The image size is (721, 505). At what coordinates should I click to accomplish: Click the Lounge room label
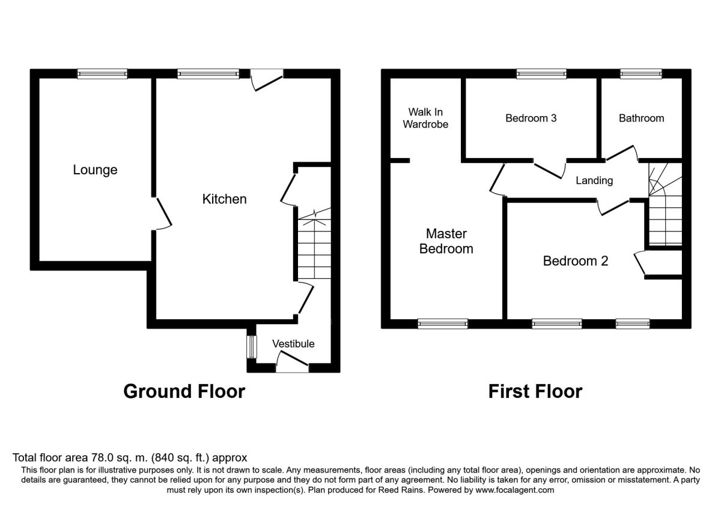(95, 170)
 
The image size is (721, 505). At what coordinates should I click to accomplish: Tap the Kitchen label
(224, 199)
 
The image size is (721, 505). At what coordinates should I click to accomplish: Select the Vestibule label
(293, 344)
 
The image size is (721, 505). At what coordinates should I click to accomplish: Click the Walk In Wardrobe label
(426, 118)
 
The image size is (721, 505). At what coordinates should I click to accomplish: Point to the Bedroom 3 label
(531, 118)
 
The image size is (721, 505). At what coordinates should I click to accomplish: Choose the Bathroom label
(641, 118)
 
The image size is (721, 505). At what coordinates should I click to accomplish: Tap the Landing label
(594, 180)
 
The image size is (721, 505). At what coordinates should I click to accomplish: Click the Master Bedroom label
(446, 241)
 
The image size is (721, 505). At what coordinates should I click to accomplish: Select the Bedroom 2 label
(576, 261)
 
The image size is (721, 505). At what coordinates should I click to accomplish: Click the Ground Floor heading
(184, 391)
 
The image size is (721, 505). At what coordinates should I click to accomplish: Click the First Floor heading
(535, 391)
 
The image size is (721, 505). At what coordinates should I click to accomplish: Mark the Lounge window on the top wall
(102, 73)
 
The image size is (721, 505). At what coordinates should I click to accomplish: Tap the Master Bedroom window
(443, 323)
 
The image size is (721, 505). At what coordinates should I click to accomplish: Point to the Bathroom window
(641, 73)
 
